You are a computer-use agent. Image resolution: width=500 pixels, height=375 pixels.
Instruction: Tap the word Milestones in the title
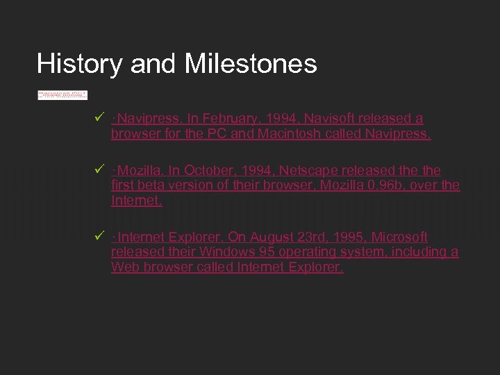251,64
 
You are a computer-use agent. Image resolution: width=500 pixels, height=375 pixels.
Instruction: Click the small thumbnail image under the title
62,94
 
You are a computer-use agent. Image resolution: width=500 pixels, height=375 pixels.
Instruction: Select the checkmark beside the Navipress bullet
98,119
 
